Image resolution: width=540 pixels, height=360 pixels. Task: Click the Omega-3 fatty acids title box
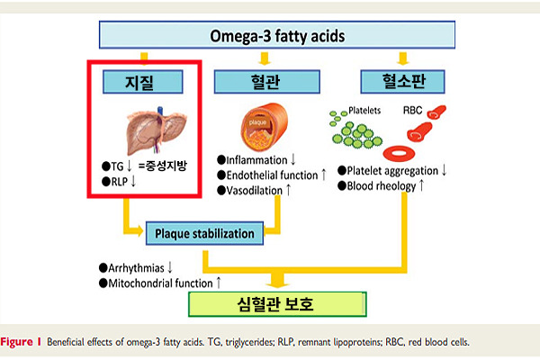tap(277, 35)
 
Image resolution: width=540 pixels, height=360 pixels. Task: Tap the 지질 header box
tap(142, 82)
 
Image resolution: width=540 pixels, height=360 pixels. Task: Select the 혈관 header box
tap(267, 82)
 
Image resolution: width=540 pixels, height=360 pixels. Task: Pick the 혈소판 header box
tap(402, 82)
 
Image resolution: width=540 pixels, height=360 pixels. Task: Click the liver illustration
tap(157, 130)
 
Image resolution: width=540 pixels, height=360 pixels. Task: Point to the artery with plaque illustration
tap(264, 127)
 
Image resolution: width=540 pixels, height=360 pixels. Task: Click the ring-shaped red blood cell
tap(399, 153)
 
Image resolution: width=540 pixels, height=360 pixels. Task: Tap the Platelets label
tap(364, 110)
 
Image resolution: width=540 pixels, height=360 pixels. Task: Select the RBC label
tap(412, 110)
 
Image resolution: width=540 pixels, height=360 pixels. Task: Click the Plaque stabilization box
tap(204, 233)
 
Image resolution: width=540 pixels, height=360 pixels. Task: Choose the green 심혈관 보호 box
tap(277, 304)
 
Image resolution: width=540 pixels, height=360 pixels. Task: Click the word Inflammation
tap(256, 160)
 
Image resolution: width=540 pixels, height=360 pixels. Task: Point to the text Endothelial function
tap(272, 175)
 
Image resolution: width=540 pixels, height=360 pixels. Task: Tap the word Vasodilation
tap(254, 191)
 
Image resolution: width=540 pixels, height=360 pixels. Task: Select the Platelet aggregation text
tap(392, 171)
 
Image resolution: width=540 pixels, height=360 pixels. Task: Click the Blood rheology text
tap(382, 186)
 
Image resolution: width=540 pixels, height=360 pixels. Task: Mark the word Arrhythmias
tap(136, 268)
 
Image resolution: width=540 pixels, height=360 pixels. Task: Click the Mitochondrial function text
tap(160, 283)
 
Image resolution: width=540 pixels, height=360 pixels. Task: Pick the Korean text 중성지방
tap(166, 166)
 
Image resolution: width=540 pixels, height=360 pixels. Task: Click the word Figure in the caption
tap(16, 342)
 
